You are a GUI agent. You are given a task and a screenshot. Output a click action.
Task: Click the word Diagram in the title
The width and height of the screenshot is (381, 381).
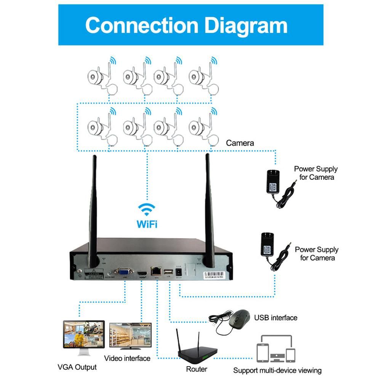tap(246, 25)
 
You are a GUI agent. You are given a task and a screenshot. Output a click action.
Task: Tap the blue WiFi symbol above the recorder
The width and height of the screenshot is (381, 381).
tap(147, 209)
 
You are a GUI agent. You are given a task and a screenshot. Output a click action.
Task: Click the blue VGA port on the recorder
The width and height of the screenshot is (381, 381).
tap(122, 272)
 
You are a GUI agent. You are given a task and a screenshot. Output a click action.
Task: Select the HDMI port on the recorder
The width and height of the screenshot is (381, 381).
tap(142, 274)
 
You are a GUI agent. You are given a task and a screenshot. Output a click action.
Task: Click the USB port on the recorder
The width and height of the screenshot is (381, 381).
tap(168, 272)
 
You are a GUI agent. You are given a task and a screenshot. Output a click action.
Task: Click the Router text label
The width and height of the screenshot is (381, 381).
tap(197, 369)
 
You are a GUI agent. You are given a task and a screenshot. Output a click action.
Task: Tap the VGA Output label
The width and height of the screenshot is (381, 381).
tap(77, 367)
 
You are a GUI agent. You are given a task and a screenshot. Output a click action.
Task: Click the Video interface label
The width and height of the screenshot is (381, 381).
tap(127, 358)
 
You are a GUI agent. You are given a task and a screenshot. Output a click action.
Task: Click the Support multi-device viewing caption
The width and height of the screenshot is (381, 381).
tap(277, 370)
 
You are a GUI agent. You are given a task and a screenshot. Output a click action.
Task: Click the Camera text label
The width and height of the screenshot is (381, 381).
tap(240, 143)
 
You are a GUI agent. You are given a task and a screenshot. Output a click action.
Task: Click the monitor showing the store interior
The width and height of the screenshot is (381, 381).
tap(130, 336)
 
